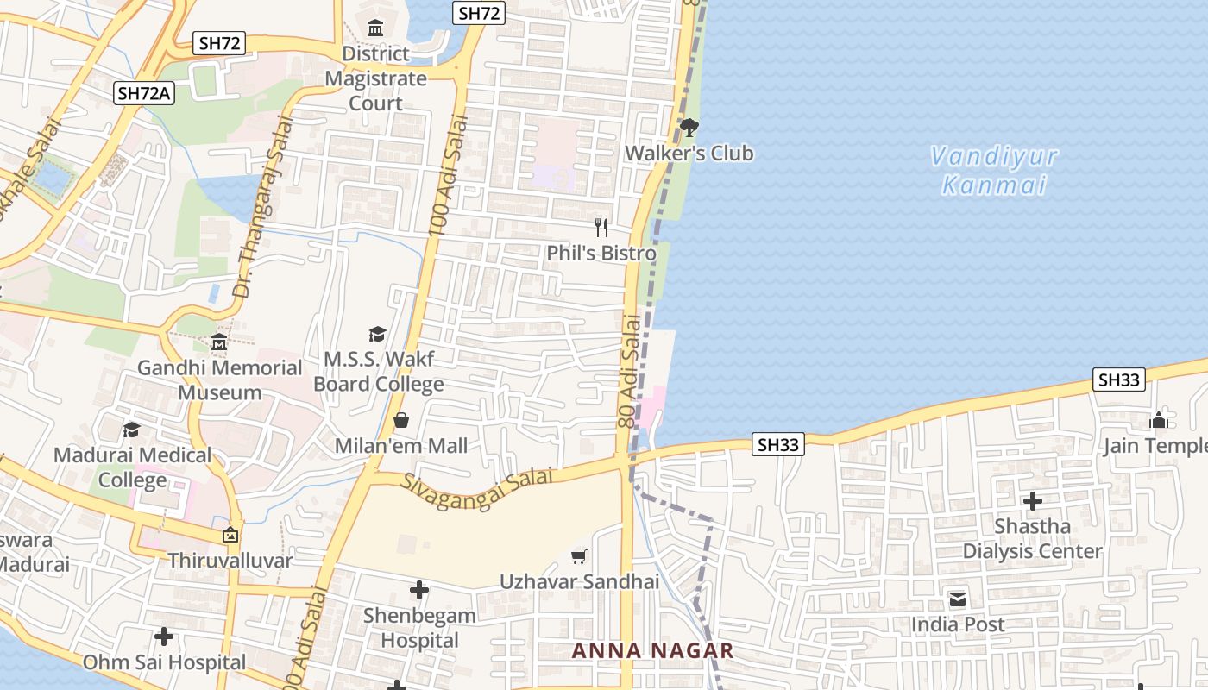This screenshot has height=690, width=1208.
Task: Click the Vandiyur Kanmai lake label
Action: coord(994,171)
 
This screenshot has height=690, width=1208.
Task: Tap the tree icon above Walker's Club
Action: coord(689,129)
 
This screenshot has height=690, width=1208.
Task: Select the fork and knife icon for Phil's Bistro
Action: coord(601,228)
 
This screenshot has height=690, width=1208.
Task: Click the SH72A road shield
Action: coord(144,94)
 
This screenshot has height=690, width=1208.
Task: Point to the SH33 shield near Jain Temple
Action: coord(1118,379)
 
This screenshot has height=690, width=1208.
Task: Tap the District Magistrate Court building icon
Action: coord(375,28)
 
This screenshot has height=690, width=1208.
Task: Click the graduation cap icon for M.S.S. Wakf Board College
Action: coord(377,334)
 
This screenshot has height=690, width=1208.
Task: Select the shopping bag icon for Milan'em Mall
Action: coord(401,421)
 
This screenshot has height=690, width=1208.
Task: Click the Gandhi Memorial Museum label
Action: coord(219,380)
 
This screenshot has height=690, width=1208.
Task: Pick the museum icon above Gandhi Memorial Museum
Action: coord(219,343)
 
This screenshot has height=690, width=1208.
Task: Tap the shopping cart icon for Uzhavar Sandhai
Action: coord(579,557)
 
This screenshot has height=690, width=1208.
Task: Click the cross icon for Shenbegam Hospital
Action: coord(419,590)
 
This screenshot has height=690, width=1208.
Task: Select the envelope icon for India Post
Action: coord(958,599)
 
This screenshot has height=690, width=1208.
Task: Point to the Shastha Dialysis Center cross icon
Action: coord(1032,501)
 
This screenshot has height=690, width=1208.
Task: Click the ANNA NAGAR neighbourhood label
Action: coord(653,651)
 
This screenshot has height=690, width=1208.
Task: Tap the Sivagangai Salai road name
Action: coord(476,487)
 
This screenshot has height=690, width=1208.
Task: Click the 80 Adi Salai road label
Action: coord(630,371)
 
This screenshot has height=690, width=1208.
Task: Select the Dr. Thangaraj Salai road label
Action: coord(264,207)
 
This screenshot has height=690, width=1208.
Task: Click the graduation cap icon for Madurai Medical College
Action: coord(131,430)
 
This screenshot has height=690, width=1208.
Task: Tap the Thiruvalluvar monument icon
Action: coord(230,535)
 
